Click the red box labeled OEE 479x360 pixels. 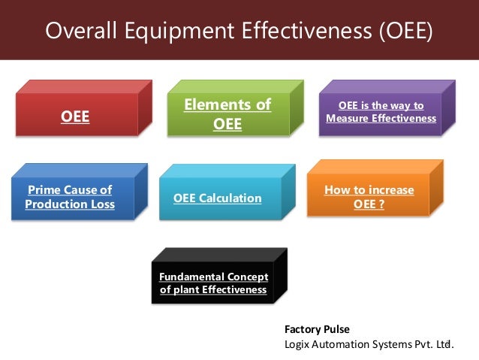click(74, 116)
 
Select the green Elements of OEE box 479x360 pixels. click(227, 114)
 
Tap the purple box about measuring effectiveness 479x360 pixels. click(381, 113)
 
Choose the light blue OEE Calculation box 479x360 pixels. click(217, 198)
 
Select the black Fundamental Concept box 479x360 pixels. click(213, 283)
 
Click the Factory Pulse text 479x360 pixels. click(317, 329)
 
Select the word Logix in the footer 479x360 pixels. click(298, 344)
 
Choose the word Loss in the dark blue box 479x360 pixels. click(101, 204)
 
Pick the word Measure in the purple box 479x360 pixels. click(348, 119)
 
